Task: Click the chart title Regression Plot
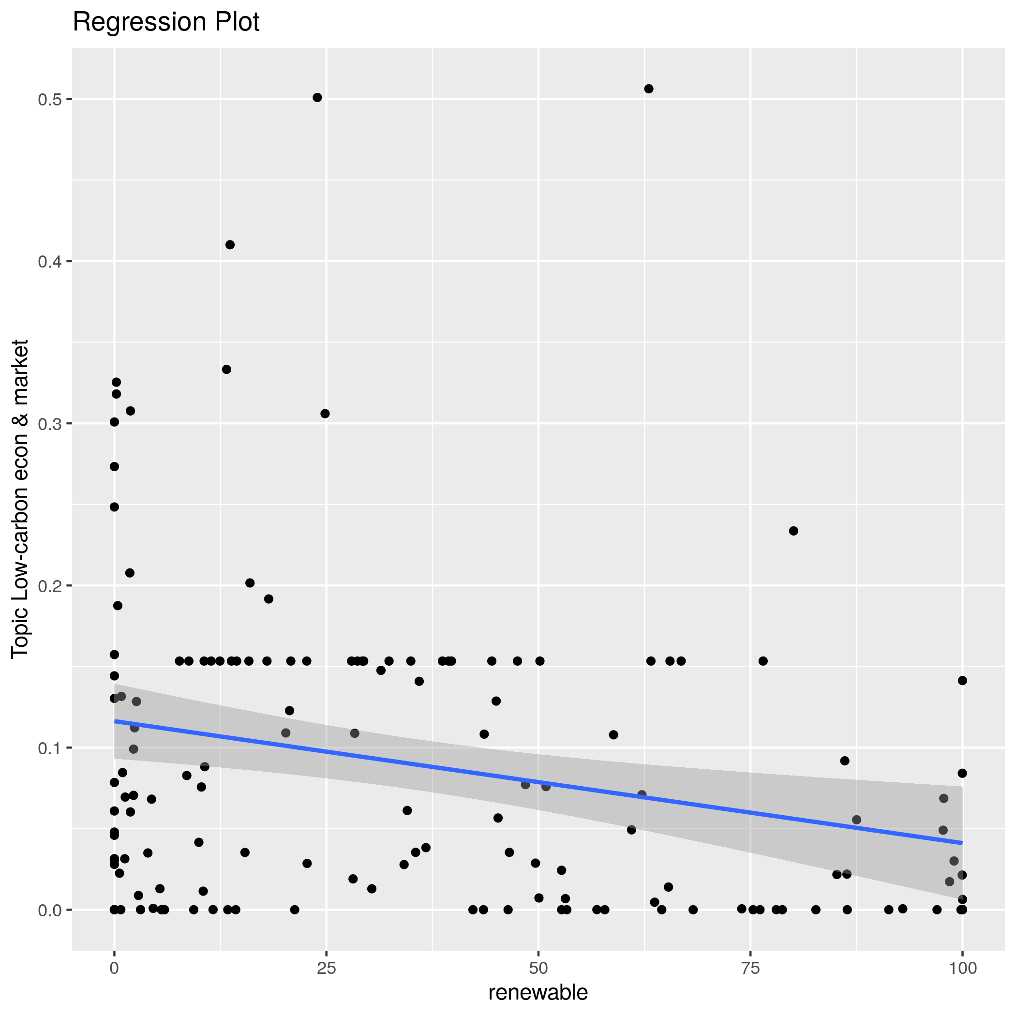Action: coord(165,23)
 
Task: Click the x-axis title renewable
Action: coord(538,992)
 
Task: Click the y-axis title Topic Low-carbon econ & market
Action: coord(20,498)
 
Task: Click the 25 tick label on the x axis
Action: coord(326,968)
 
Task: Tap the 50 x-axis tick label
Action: coord(538,968)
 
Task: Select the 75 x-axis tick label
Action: coord(750,968)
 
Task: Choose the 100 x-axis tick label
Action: coord(962,968)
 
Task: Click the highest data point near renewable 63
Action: coord(649,89)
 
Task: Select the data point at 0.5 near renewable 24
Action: coord(317,97)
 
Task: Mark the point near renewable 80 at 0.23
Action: coord(793,531)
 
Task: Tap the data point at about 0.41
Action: coord(230,244)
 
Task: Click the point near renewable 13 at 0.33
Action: coord(226,369)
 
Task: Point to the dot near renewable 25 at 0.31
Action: coord(325,414)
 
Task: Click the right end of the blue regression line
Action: coord(961,842)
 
